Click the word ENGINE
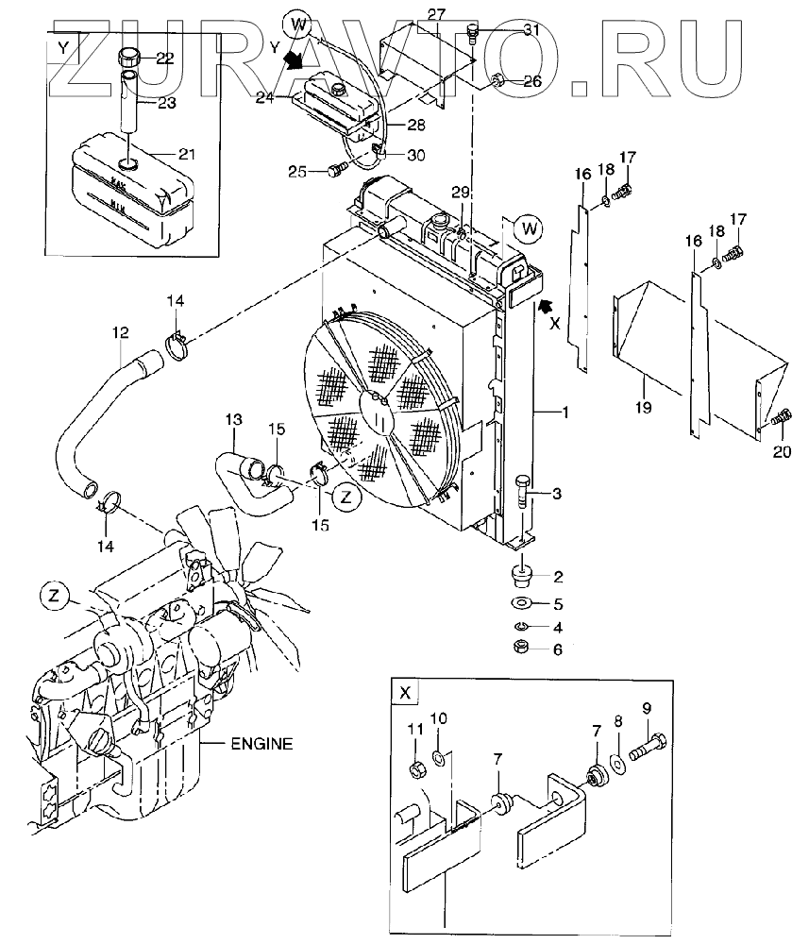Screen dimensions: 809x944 261,744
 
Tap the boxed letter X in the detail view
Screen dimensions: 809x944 404,693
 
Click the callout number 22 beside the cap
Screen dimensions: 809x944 164,59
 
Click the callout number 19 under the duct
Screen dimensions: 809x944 644,408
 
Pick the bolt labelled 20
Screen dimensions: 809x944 780,416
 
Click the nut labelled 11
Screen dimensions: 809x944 416,768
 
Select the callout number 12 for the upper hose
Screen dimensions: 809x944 121,333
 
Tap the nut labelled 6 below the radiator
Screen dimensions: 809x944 521,648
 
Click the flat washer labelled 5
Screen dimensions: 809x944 520,603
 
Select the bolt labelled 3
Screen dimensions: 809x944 522,492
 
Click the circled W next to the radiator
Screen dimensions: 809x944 530,228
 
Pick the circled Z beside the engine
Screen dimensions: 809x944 55,596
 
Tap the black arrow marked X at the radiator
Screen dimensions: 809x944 545,307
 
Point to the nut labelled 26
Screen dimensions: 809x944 498,80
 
